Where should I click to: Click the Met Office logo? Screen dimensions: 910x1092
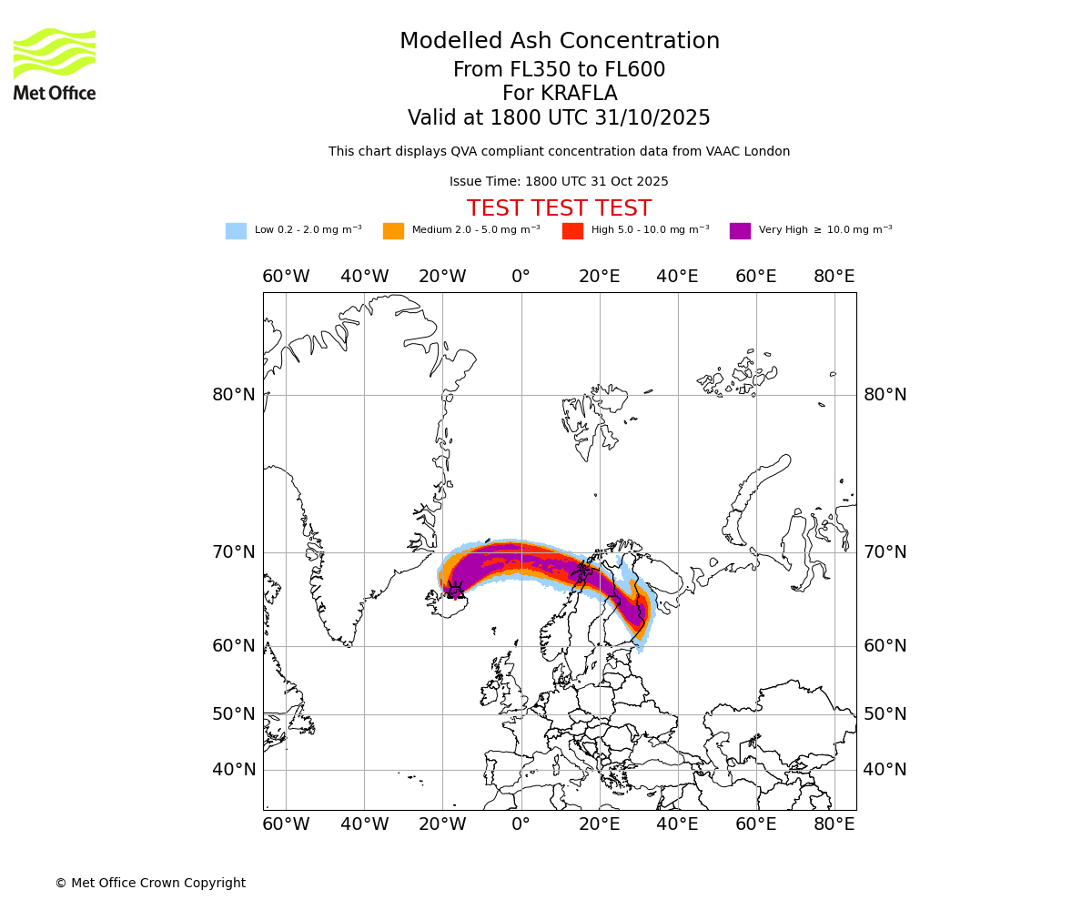point(55,64)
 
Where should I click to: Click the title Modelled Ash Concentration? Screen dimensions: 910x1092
point(559,42)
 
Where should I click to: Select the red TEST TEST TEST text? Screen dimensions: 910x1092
point(559,208)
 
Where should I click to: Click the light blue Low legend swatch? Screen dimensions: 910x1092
point(236,231)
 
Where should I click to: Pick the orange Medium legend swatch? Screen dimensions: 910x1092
point(393,231)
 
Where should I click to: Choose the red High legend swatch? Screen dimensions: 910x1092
point(572,231)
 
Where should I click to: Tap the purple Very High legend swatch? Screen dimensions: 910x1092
point(740,231)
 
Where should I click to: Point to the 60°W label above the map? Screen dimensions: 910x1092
point(286,277)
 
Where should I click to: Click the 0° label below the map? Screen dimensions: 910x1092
point(521,824)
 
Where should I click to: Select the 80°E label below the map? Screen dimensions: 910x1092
point(834,824)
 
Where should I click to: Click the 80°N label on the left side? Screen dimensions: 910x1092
point(234,395)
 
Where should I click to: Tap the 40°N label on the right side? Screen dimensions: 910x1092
point(885,770)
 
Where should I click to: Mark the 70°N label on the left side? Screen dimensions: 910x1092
point(234,552)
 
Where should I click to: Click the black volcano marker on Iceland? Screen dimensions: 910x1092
point(454,590)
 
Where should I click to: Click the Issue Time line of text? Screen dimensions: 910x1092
point(559,182)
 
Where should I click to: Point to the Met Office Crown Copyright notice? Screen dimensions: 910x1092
point(150,883)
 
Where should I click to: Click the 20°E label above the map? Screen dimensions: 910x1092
point(599,277)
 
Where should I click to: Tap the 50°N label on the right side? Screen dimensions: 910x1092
point(885,714)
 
